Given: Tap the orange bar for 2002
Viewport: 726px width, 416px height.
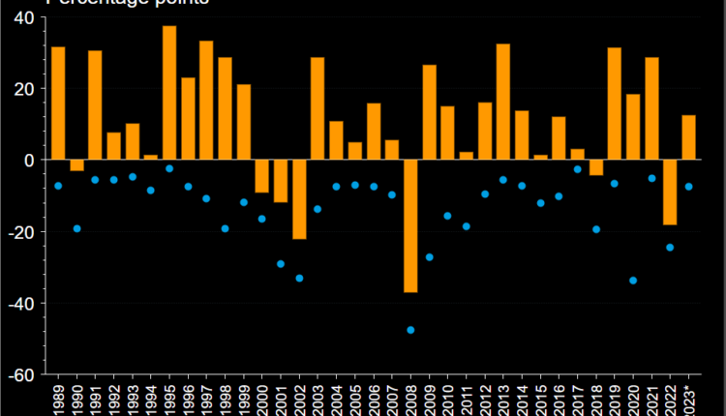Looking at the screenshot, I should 299,199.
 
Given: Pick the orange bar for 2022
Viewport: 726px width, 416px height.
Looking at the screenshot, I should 670,192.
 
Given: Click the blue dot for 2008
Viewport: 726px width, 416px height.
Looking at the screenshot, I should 410,330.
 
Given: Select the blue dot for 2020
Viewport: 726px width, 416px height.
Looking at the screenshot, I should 633,281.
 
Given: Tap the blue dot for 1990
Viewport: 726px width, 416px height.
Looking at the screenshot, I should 76,228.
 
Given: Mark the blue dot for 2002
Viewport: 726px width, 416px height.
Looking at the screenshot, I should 299,278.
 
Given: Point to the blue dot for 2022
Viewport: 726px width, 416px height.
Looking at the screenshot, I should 670,248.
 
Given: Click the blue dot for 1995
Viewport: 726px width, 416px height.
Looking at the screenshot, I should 169,168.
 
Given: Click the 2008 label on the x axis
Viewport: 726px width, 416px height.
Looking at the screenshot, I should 410,397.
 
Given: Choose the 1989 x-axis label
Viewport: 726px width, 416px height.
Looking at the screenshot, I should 58,397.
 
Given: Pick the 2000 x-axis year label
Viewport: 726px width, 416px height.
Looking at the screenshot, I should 262,397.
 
